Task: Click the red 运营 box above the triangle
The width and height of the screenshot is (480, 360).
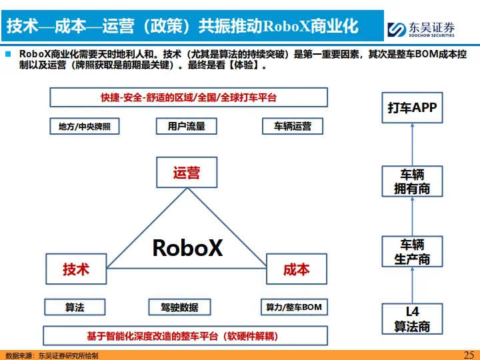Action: click(x=186, y=173)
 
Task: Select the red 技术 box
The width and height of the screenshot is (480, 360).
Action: click(x=75, y=269)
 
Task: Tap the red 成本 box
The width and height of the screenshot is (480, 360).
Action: click(x=296, y=269)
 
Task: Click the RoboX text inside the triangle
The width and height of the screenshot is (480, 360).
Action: click(x=187, y=247)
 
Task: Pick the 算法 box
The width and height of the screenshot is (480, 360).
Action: click(x=75, y=307)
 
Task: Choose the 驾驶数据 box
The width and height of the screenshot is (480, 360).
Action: click(x=179, y=307)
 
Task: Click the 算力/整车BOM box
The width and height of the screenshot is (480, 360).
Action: click(x=294, y=307)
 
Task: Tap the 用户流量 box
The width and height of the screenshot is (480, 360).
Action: click(x=186, y=126)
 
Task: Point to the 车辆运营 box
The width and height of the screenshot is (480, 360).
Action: click(x=292, y=126)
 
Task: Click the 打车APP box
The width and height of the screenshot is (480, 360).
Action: click(x=412, y=107)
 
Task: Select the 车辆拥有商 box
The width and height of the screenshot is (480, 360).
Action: click(x=412, y=181)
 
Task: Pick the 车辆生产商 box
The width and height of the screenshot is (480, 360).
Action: click(x=412, y=252)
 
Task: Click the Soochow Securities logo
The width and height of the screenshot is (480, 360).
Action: click(x=423, y=29)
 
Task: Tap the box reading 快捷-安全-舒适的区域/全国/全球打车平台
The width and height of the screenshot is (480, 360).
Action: click(x=189, y=97)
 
